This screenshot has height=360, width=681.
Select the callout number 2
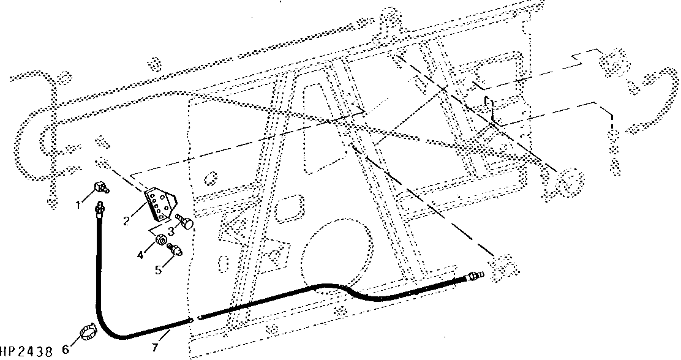[x=126, y=221]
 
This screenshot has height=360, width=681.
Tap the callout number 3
[x=171, y=230]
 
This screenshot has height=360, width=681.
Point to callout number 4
[x=140, y=255]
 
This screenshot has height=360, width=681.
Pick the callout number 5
[x=159, y=269]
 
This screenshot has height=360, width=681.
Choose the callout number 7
[x=155, y=347]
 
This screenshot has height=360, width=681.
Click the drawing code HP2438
[x=27, y=351]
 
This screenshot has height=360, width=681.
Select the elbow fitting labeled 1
[x=102, y=187]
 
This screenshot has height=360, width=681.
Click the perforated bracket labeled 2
[x=160, y=204]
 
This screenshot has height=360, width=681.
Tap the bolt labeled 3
[x=184, y=222]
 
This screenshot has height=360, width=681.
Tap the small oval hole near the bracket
[x=210, y=178]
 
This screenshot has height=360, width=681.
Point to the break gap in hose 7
[x=195, y=319]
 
